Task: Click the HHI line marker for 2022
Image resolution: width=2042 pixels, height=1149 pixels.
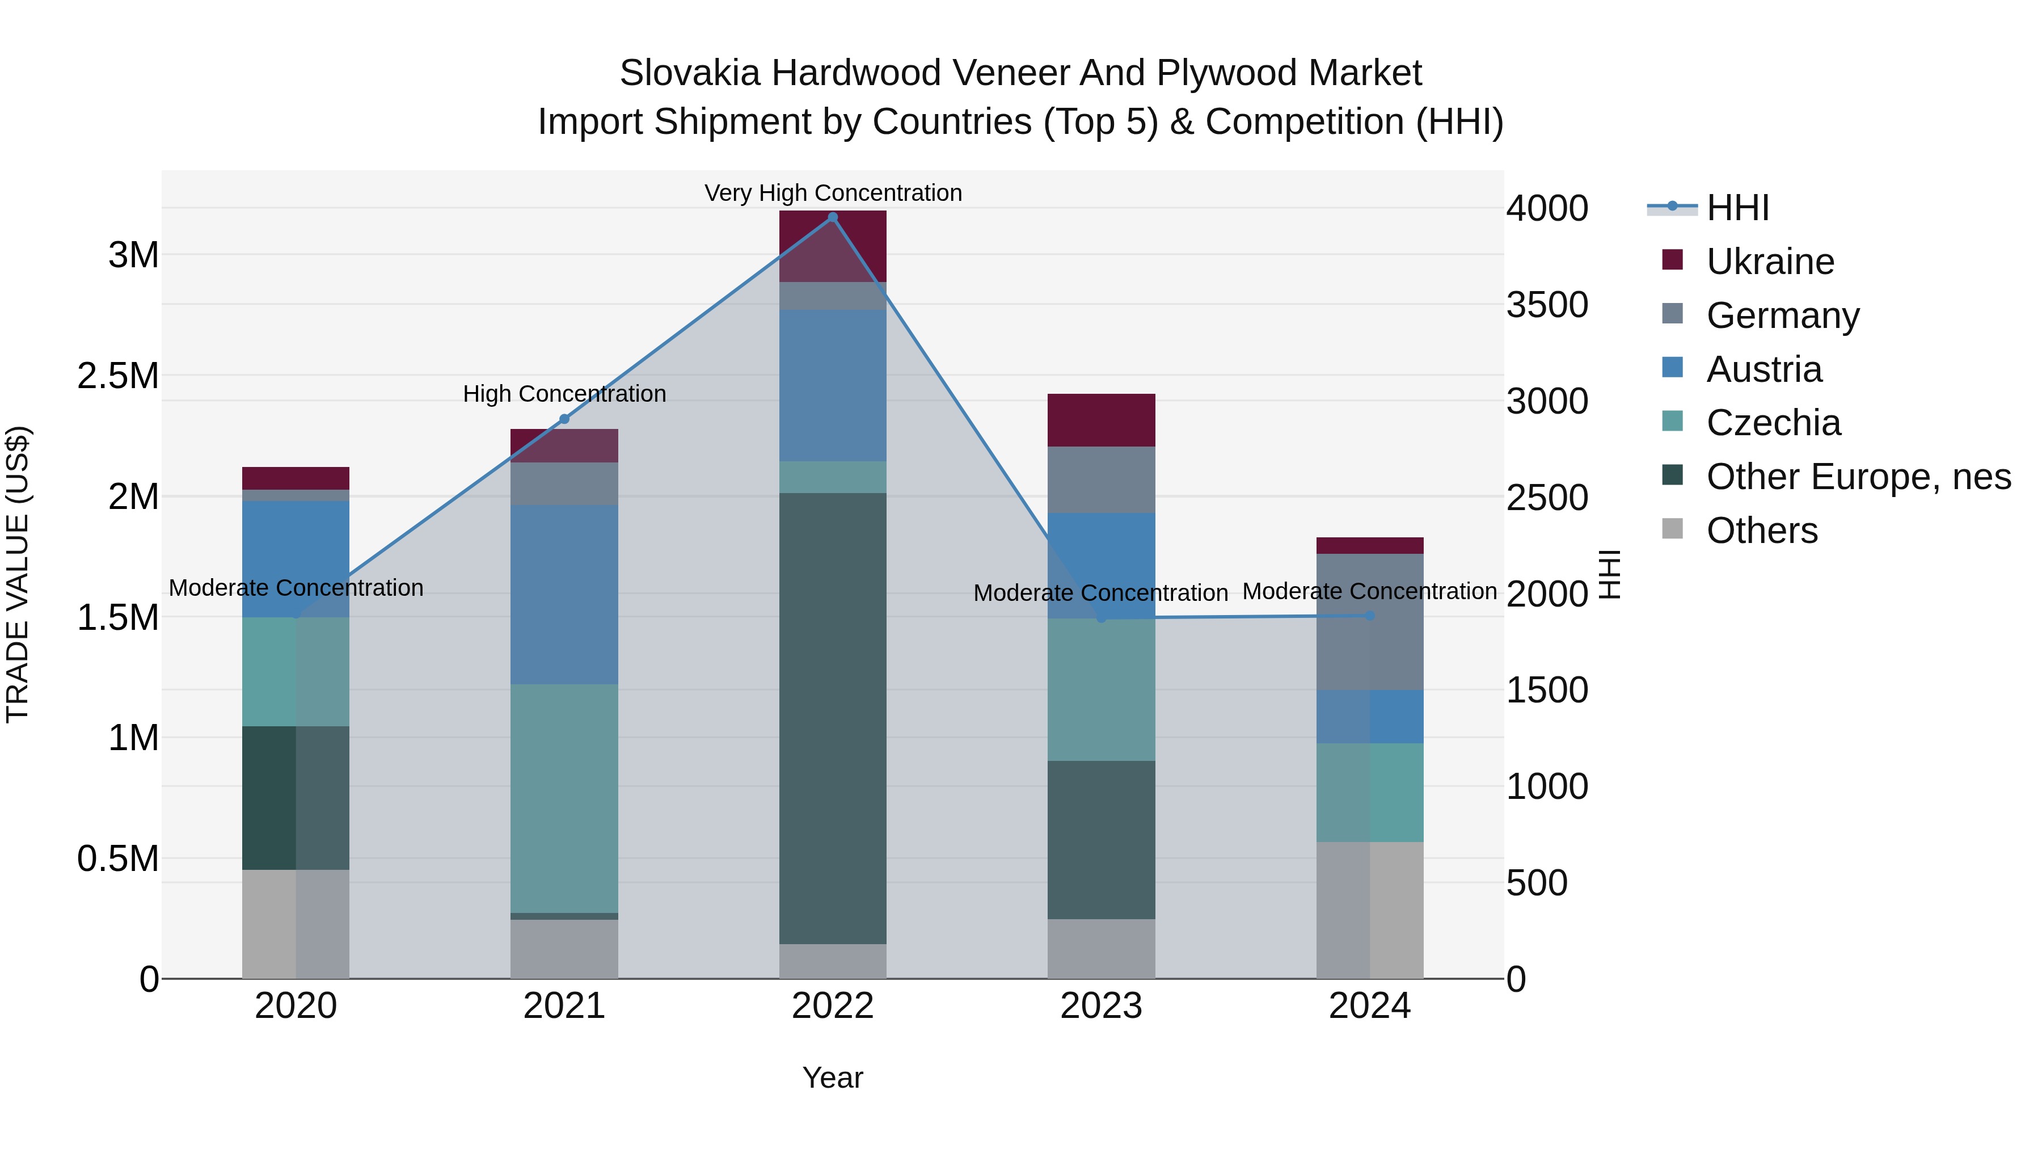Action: [832, 217]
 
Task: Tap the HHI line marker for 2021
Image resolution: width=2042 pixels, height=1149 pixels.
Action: [564, 419]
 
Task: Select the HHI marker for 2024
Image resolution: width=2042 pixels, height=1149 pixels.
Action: [1369, 615]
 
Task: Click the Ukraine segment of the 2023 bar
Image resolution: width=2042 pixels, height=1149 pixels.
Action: [1101, 420]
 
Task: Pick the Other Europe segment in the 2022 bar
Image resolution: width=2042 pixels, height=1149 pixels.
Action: [832, 718]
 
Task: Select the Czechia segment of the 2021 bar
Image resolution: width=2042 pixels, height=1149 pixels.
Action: [564, 798]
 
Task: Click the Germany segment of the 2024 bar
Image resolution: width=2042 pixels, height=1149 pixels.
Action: [1369, 622]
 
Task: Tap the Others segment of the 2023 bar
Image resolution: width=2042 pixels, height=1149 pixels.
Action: [1101, 948]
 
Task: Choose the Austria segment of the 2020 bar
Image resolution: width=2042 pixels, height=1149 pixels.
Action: [296, 558]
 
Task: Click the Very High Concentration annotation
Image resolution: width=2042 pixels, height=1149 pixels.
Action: [832, 193]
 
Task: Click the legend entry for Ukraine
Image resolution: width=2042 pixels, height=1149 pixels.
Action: [1769, 262]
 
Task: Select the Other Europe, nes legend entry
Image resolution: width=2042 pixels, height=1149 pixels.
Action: [1858, 477]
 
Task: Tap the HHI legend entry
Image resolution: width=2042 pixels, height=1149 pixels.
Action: [1736, 208]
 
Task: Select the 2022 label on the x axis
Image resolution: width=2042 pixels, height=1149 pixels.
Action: [832, 1006]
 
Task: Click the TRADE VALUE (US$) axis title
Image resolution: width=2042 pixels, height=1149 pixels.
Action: [18, 574]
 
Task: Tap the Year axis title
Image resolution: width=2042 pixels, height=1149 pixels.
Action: [832, 1078]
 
